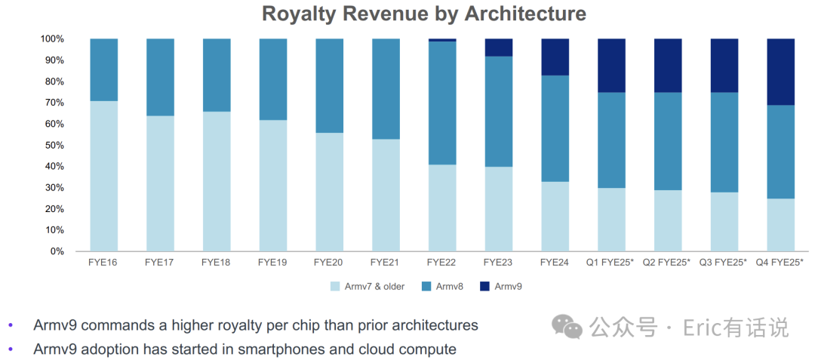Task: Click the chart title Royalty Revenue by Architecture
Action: [x=423, y=14]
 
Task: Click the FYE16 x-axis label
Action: [x=103, y=263]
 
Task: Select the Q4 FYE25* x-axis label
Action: [x=780, y=263]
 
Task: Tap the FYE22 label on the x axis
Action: [x=442, y=263]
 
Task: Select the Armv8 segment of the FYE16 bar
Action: [x=104, y=69]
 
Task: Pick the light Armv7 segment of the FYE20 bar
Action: [x=330, y=192]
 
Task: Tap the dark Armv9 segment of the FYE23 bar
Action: [x=499, y=47]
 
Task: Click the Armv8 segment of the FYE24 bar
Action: [x=555, y=128]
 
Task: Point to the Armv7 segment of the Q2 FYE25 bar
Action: [x=668, y=220]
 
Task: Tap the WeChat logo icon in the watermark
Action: [x=567, y=327]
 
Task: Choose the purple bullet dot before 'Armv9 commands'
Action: [x=11, y=325]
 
